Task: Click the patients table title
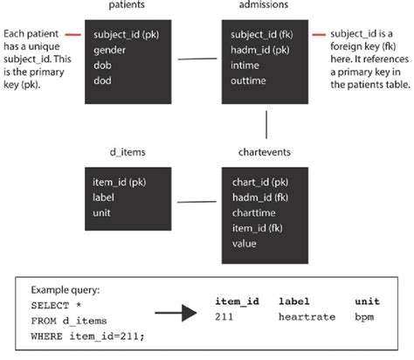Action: (x=127, y=5)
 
